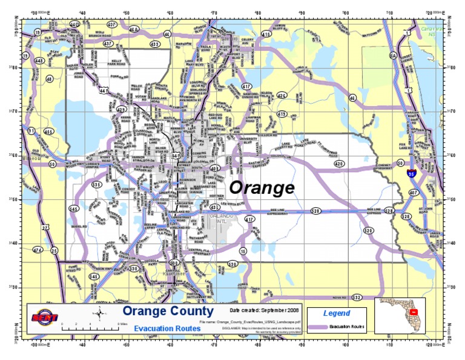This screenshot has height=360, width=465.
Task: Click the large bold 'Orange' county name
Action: pyautogui.click(x=262, y=188)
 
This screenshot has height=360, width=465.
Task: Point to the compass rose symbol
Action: pyautogui.click(x=99, y=313)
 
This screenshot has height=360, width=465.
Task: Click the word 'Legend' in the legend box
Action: pyautogui.click(x=336, y=313)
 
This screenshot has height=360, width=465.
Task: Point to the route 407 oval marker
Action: pyautogui.click(x=414, y=193)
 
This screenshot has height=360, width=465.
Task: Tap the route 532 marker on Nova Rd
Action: pyautogui.click(x=357, y=298)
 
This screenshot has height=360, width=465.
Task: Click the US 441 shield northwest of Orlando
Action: pyautogui.click(x=104, y=91)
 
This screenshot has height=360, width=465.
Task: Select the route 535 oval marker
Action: pyautogui.click(x=96, y=184)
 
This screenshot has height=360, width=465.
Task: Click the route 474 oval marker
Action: pyautogui.click(x=38, y=250)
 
